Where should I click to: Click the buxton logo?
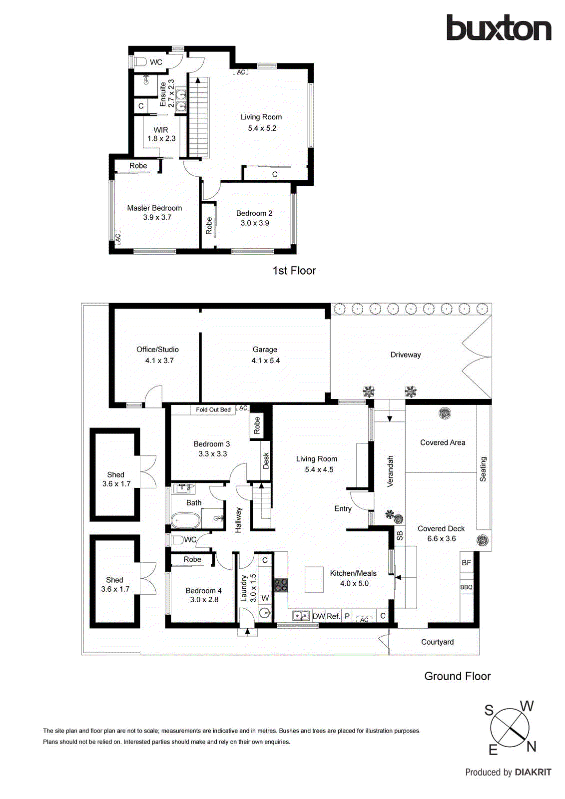[499, 28]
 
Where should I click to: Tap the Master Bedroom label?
[154, 208]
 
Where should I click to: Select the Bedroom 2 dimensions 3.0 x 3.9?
[255, 223]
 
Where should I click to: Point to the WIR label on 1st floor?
[161, 130]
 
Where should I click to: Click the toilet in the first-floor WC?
[140, 62]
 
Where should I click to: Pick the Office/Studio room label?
[157, 350]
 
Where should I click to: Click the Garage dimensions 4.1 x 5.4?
[265, 361]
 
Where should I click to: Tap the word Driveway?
[406, 355]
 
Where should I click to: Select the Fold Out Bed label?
[213, 410]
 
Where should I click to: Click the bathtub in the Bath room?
[186, 520]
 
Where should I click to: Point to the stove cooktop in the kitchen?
[281, 585]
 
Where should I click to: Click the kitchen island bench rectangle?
[314, 579]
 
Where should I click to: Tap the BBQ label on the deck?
[466, 587]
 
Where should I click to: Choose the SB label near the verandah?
[400, 535]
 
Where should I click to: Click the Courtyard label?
[437, 642]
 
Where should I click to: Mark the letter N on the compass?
[531, 747]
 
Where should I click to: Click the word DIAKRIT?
[533, 773]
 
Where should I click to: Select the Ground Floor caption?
[457, 676]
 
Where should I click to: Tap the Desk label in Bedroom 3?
[266, 460]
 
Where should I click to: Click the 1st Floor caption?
[294, 271]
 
